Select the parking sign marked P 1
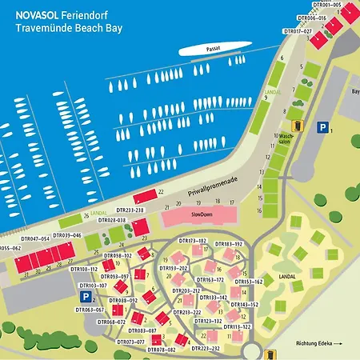(322, 127)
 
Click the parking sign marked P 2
(86, 297)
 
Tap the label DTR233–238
(128, 210)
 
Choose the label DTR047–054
(35, 238)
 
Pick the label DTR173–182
(193, 241)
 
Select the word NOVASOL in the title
(33, 14)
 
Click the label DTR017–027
(298, 31)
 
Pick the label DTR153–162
(249, 282)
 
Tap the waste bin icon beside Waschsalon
(296, 125)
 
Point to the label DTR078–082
(160, 350)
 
